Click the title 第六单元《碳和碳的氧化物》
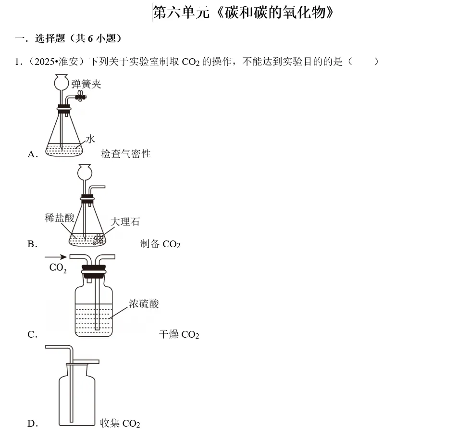point(243,12)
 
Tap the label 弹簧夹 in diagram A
point(86,84)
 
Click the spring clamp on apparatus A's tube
point(80,97)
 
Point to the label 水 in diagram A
point(90,139)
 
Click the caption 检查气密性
point(126,154)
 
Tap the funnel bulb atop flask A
point(61,82)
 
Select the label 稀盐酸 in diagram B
point(60,217)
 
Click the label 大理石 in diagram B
point(125,221)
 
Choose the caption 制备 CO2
point(160,244)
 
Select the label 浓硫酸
point(143,304)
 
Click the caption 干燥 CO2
point(179,334)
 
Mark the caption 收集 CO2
point(120,423)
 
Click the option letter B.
point(32,244)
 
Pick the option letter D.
point(32,424)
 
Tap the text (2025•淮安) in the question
point(57,62)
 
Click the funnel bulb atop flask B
point(85,172)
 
